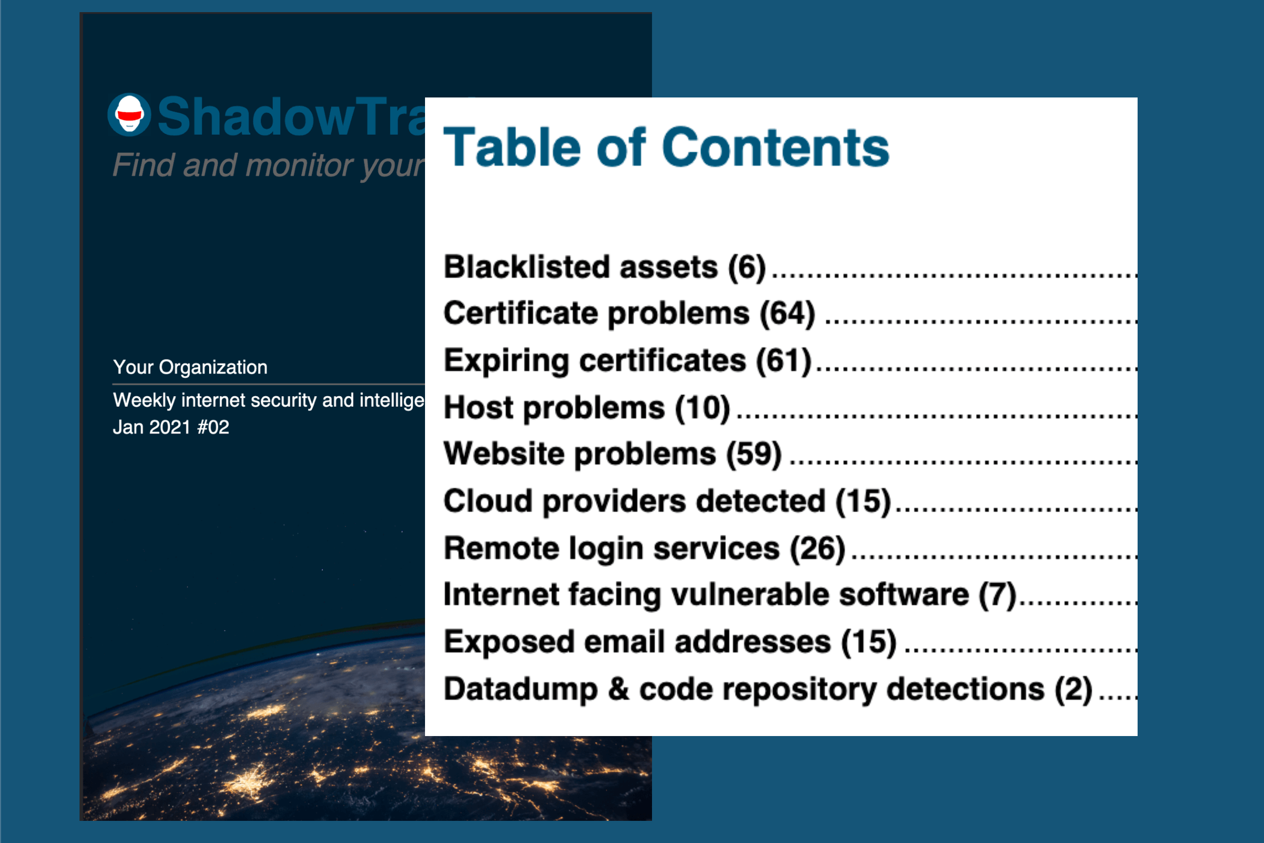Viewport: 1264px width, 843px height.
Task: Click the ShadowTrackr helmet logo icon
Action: (x=129, y=114)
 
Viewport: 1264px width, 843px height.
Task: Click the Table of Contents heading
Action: (x=666, y=148)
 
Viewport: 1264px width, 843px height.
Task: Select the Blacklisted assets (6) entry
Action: (x=604, y=267)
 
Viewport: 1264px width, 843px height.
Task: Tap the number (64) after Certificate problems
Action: (x=787, y=313)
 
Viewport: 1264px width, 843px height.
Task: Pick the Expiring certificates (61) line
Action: (x=627, y=360)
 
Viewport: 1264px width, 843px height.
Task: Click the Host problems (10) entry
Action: (x=586, y=407)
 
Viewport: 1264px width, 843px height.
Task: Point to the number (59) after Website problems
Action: (x=754, y=454)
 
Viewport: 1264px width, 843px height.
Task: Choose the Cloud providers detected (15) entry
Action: (x=667, y=501)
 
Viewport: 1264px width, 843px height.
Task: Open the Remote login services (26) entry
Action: (x=644, y=548)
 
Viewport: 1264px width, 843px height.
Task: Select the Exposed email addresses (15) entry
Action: (x=669, y=642)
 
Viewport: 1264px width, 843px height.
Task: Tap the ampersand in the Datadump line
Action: (x=618, y=689)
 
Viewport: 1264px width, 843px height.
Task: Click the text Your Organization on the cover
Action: (x=190, y=367)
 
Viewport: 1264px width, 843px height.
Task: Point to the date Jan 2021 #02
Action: (x=171, y=427)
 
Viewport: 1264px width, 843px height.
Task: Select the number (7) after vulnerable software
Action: (x=997, y=595)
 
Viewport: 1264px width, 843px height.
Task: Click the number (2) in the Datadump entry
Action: (x=1073, y=689)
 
